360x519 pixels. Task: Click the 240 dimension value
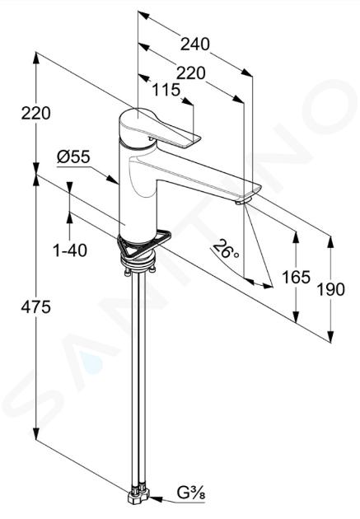click(195, 44)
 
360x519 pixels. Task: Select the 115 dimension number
click(166, 90)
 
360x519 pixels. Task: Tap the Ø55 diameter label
click(73, 157)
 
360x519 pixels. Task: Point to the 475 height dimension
click(35, 307)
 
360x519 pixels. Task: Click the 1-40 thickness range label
click(70, 250)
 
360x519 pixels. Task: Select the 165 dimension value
click(296, 277)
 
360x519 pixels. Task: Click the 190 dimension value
click(331, 289)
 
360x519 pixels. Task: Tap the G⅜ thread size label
click(191, 493)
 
